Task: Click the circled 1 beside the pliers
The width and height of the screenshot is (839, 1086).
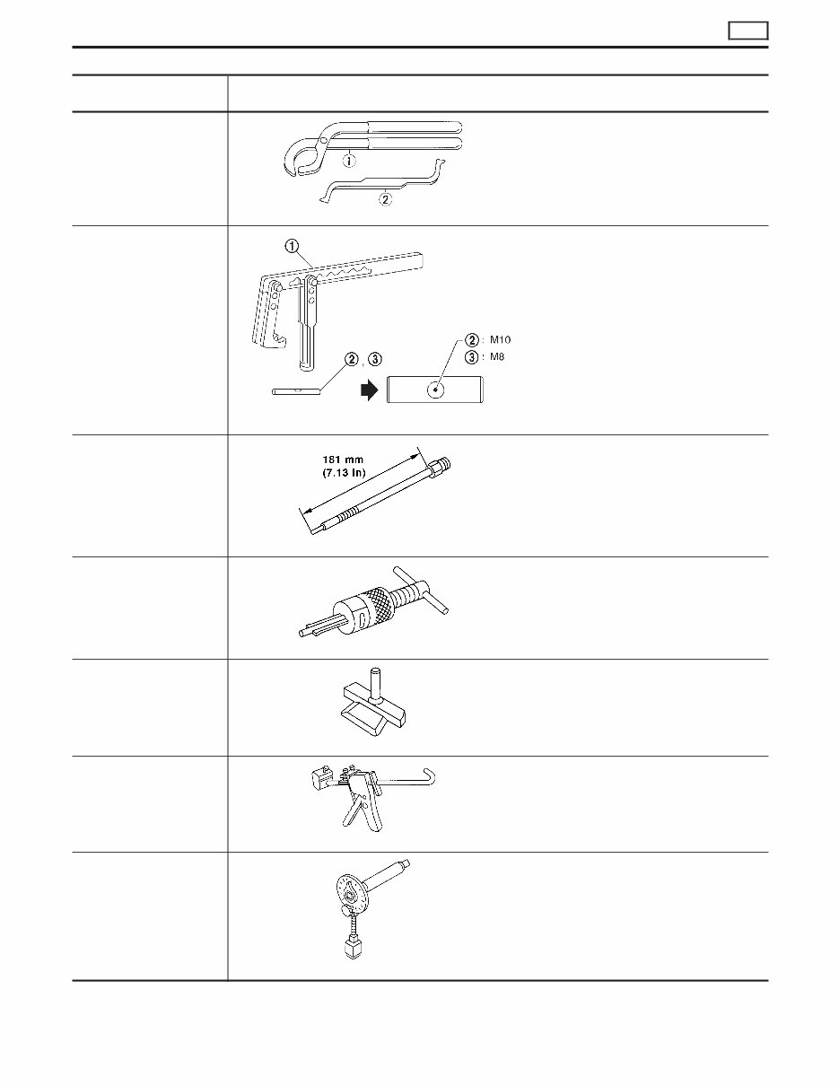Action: click(x=350, y=161)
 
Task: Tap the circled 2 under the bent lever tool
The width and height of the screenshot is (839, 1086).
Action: click(x=385, y=199)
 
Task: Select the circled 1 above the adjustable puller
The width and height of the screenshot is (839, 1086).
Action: click(x=292, y=246)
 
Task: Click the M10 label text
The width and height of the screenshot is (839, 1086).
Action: click(x=500, y=340)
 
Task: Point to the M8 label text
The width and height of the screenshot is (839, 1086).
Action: click(x=497, y=357)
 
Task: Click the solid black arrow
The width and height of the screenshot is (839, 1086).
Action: click(x=370, y=390)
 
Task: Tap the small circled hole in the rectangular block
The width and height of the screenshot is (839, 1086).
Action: click(x=436, y=390)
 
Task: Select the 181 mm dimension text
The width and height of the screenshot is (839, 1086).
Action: click(x=343, y=460)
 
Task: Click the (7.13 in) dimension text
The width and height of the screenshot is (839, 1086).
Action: click(x=344, y=473)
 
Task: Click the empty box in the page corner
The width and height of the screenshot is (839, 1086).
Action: click(x=748, y=31)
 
